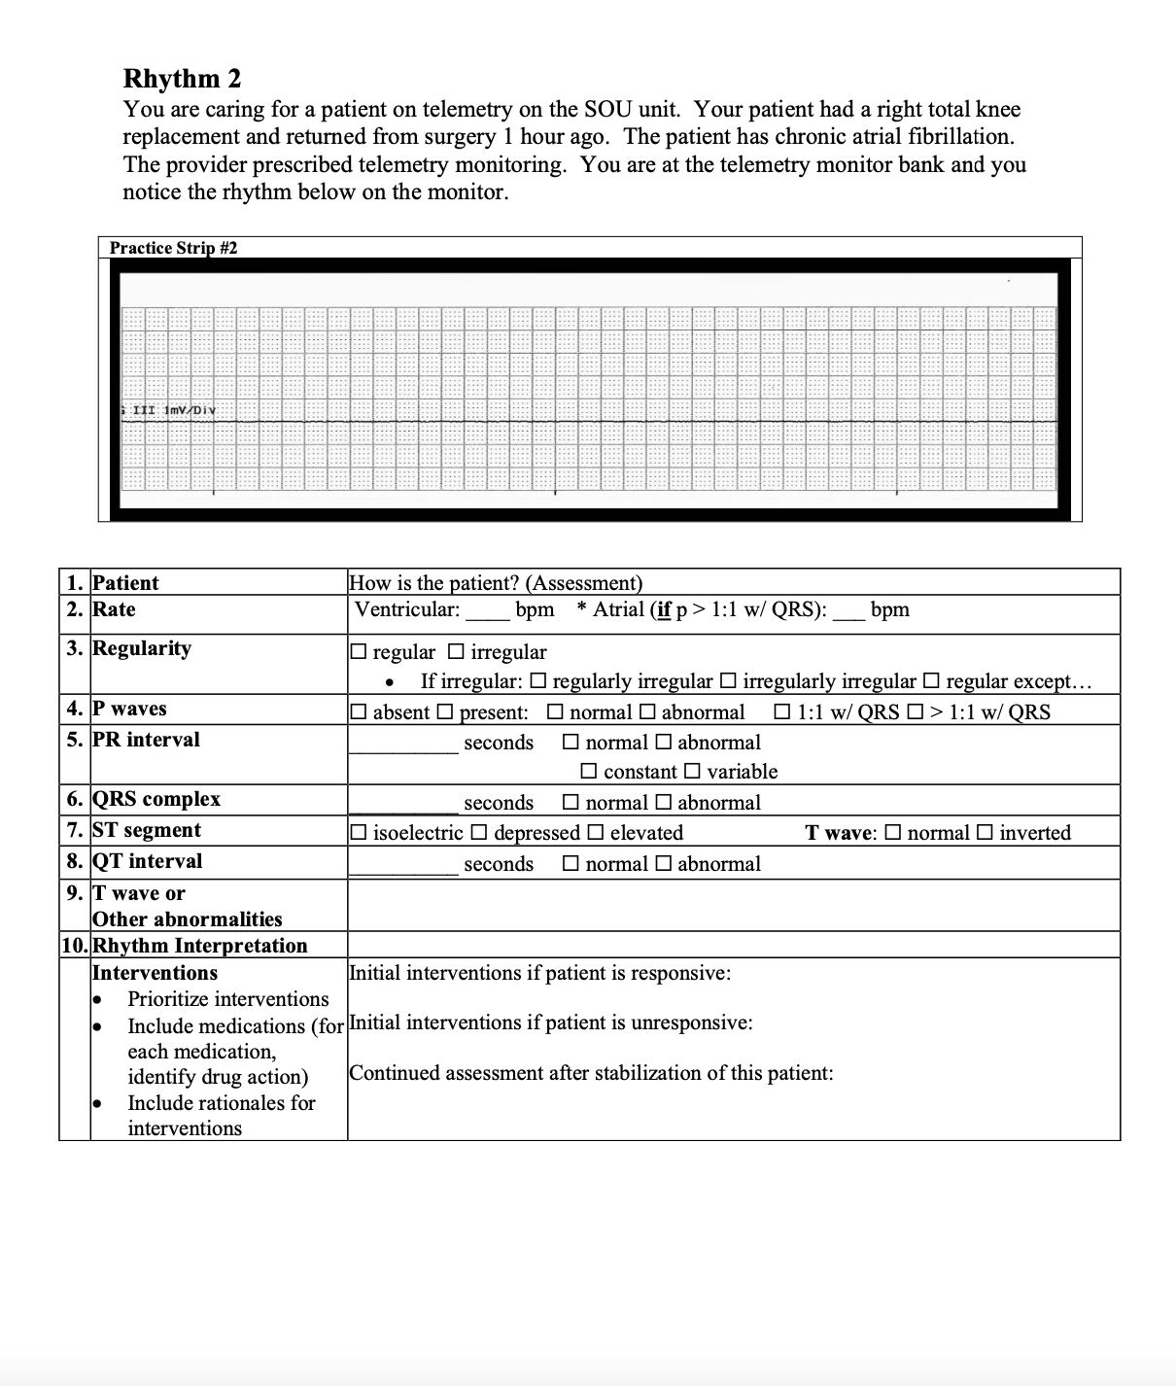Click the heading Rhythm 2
point(182,78)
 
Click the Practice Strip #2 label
point(173,248)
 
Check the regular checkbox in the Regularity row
point(359,652)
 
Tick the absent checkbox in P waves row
point(359,712)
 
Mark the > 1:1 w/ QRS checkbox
point(915,712)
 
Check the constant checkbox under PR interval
point(589,772)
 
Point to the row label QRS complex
point(156,799)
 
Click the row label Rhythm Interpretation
point(199,946)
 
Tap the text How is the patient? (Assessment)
point(496,583)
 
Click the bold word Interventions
point(155,973)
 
